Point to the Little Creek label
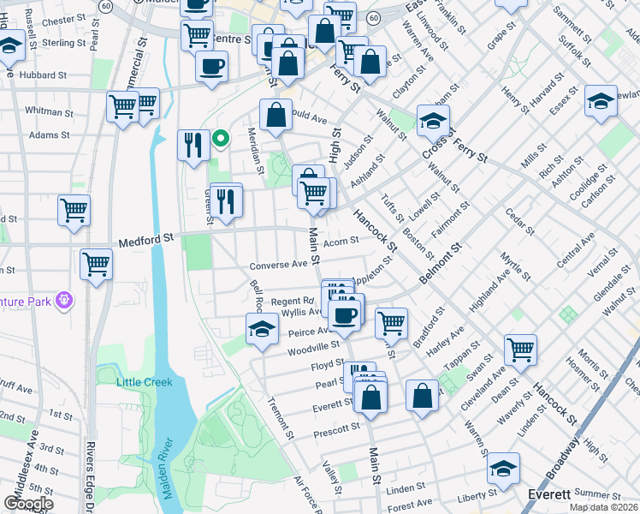(145, 382)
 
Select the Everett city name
(548, 495)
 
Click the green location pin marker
(221, 137)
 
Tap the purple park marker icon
(63, 300)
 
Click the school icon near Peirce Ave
(262, 328)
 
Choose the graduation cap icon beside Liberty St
(503, 468)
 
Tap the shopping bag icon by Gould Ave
(276, 115)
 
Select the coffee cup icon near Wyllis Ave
(346, 314)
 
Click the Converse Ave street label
(278, 265)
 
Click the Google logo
(28, 504)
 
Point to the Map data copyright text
(603, 507)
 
